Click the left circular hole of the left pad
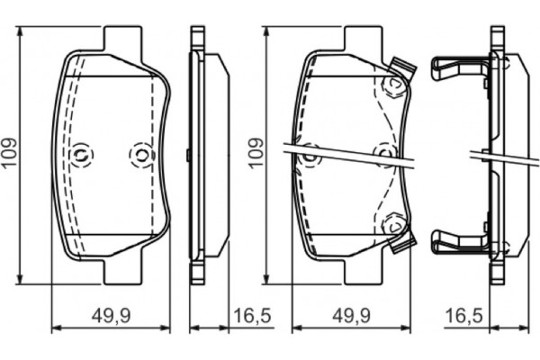click(82, 155)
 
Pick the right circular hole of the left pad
click(139, 155)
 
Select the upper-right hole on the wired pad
click(392, 85)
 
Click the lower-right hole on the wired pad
click(392, 223)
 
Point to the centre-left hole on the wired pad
click(310, 155)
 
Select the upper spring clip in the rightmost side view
click(459, 68)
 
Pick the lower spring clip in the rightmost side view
click(459, 241)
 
